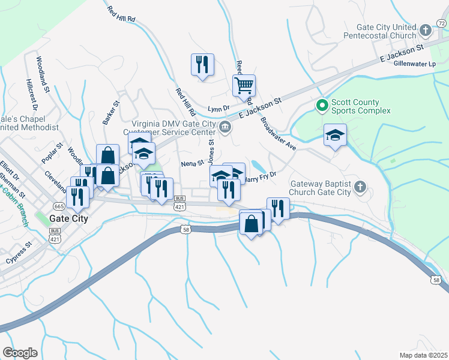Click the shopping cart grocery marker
244,85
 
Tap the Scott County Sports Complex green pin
322,106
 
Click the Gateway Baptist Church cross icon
360,187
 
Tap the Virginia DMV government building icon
225,126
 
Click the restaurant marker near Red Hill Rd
202,64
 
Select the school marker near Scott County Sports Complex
334,135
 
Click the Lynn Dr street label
218,109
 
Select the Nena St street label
193,163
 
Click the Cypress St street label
18,254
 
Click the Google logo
20,352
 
